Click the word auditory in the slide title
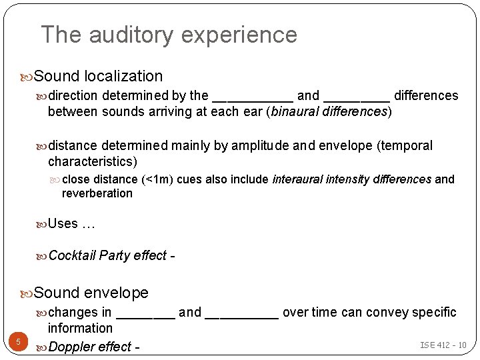pyautogui.click(x=133, y=35)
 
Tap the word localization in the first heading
pyautogui.click(x=123, y=77)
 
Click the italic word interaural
pyautogui.click(x=298, y=179)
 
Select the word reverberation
pyautogui.click(x=97, y=193)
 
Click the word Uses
pyautogui.click(x=63, y=224)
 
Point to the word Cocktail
pyautogui.click(x=72, y=256)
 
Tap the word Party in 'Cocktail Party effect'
pyautogui.click(x=115, y=256)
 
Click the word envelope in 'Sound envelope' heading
pyautogui.click(x=116, y=293)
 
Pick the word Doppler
pyautogui.click(x=72, y=347)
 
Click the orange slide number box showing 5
pyautogui.click(x=18, y=343)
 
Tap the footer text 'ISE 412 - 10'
pyautogui.click(x=443, y=345)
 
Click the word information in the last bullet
pyautogui.click(x=80, y=328)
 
